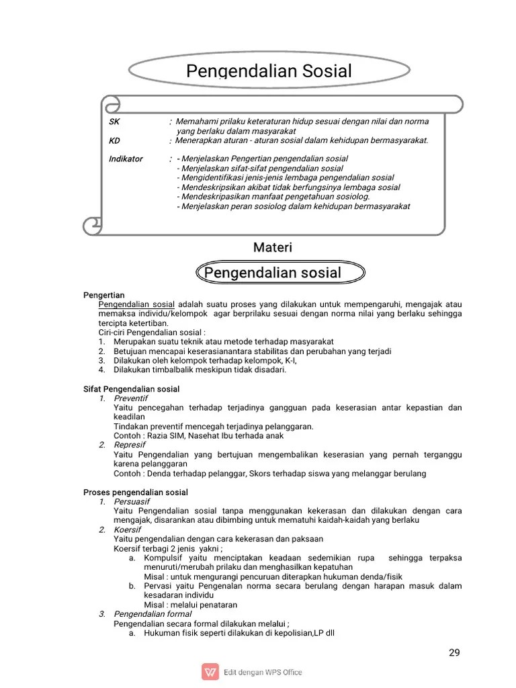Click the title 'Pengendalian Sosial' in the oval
pos(268,71)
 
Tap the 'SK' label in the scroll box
pos(114,122)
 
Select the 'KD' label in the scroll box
pos(114,140)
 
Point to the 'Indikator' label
pos(126,159)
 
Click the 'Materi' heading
pos(272,248)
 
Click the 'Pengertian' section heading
pos(103,294)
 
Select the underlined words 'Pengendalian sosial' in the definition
pos(136,304)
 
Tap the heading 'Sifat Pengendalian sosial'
pos(131,389)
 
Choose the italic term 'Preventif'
pos(130,398)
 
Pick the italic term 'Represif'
pos(130,445)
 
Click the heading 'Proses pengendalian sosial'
pos(135,492)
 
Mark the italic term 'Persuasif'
pos(132,502)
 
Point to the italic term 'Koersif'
pos(128,529)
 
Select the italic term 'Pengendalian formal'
pos(153,614)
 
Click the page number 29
pos(454,652)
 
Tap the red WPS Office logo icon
pos(210,672)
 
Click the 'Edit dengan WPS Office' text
pos(263,672)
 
